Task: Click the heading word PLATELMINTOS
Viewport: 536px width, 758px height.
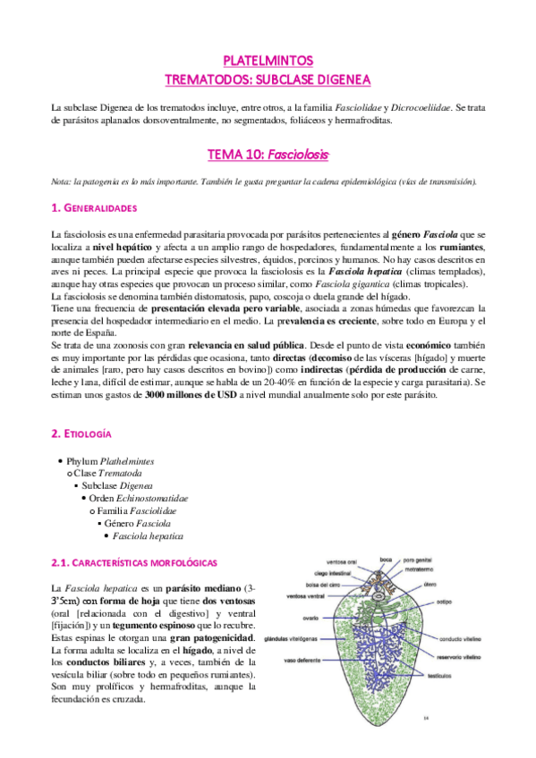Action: pyautogui.click(x=268, y=61)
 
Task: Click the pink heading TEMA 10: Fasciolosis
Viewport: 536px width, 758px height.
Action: pyautogui.click(x=268, y=154)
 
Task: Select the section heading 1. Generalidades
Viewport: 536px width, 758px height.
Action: pyautogui.click(x=94, y=208)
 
